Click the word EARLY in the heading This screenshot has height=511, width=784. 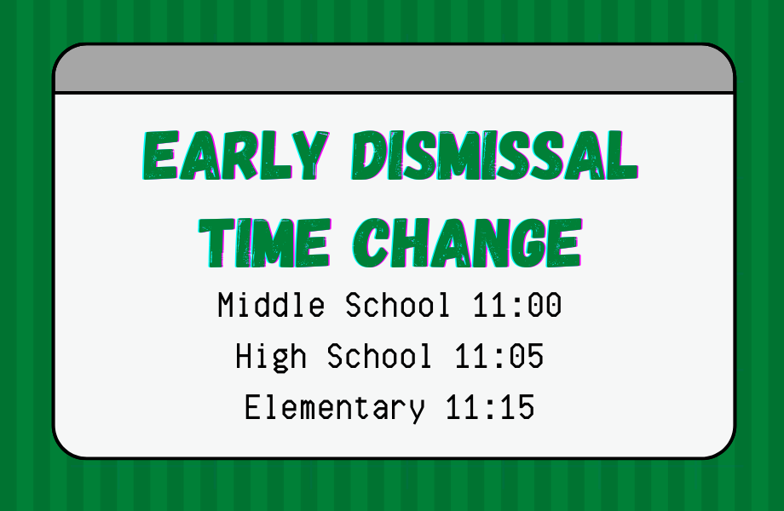(236, 155)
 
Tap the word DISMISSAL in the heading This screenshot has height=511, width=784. (494, 155)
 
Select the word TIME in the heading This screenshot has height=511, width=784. (265, 243)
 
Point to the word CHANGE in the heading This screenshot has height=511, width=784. (468, 243)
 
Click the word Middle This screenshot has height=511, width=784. (271, 305)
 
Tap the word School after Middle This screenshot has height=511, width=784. (397, 305)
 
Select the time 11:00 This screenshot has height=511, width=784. (517, 305)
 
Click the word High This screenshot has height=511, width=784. (271, 357)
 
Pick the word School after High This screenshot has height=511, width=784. (379, 356)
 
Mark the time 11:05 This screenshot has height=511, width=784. (499, 357)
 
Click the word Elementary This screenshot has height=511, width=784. (335, 408)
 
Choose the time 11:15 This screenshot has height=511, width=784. (490, 408)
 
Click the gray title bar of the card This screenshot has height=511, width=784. (394, 69)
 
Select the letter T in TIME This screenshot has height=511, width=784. (217, 243)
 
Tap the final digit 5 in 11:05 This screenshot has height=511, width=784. (535, 357)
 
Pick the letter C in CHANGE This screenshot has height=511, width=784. (372, 243)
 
